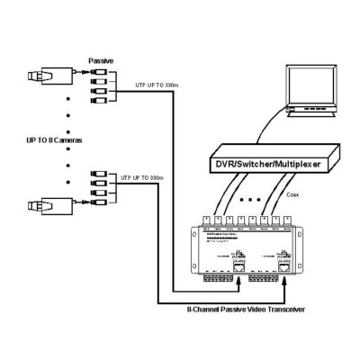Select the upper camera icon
[45, 75]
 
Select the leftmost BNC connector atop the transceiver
[209, 219]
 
